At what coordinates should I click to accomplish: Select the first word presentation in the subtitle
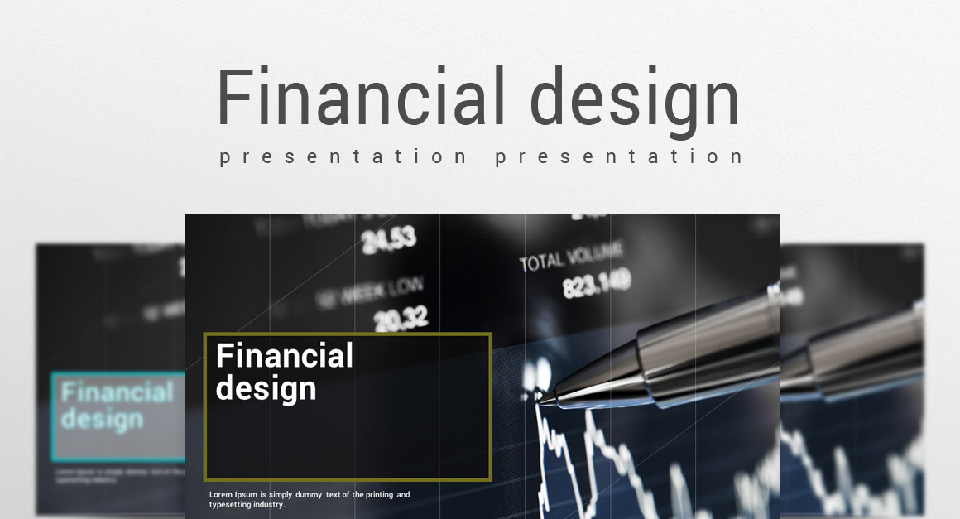coord(343,156)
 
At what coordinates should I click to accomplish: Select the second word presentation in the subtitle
coord(619,156)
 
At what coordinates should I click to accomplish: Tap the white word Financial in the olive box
coord(284,356)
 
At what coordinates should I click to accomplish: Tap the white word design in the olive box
coord(266,388)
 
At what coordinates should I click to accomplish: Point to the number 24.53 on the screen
coord(388,240)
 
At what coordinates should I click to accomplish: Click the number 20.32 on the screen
coord(401,317)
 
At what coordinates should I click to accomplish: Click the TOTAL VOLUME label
coord(571,256)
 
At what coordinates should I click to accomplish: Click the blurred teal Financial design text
coord(117,406)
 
